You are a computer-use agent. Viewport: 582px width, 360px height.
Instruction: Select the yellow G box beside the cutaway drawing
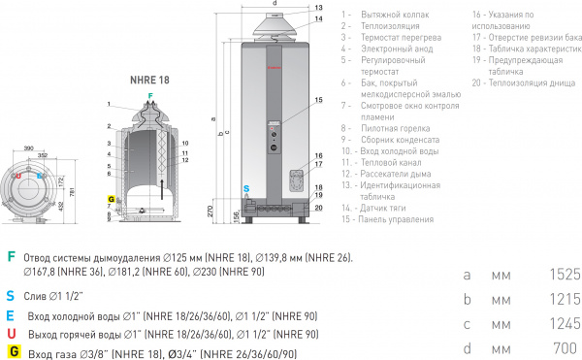(112, 199)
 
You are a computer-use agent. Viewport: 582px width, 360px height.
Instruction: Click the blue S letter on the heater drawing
(246, 187)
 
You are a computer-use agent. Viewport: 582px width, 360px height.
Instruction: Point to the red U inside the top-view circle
(16, 176)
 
